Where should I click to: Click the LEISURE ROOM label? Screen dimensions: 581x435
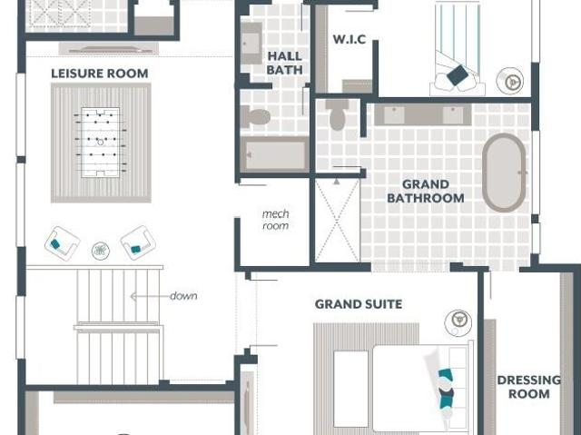click(x=100, y=74)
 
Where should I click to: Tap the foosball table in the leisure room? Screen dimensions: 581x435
click(x=101, y=143)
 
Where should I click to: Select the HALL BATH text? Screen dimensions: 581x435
click(x=285, y=63)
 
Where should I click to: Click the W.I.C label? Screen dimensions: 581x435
click(x=350, y=39)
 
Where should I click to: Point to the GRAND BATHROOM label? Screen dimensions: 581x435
click(x=426, y=192)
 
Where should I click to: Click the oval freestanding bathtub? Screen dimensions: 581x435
click(x=504, y=173)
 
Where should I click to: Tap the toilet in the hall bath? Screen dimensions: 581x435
click(x=255, y=117)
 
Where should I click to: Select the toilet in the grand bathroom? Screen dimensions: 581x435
click(x=337, y=114)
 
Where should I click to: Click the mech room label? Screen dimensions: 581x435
click(x=275, y=220)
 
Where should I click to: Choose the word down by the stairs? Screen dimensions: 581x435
click(x=183, y=296)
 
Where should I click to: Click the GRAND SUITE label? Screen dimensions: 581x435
click(x=359, y=304)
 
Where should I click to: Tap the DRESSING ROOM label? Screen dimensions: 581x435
click(x=528, y=387)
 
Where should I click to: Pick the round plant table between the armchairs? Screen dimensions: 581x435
click(x=101, y=251)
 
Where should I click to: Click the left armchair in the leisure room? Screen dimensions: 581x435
click(x=63, y=243)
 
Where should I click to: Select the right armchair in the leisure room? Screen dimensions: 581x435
click(x=138, y=242)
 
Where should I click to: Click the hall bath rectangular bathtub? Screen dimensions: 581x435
click(x=274, y=154)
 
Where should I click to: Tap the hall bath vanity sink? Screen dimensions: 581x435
click(x=251, y=44)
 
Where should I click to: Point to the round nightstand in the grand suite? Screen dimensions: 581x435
click(x=458, y=322)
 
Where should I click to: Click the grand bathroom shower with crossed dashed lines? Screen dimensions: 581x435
click(x=337, y=221)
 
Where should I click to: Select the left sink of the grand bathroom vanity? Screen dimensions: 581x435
click(x=394, y=115)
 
